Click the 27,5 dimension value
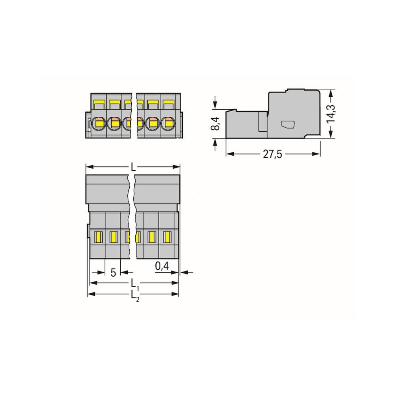272,154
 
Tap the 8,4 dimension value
215,123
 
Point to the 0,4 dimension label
162,266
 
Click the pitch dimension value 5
113,273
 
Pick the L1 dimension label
135,284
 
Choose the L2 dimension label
135,296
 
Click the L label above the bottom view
133,167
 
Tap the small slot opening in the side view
288,124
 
